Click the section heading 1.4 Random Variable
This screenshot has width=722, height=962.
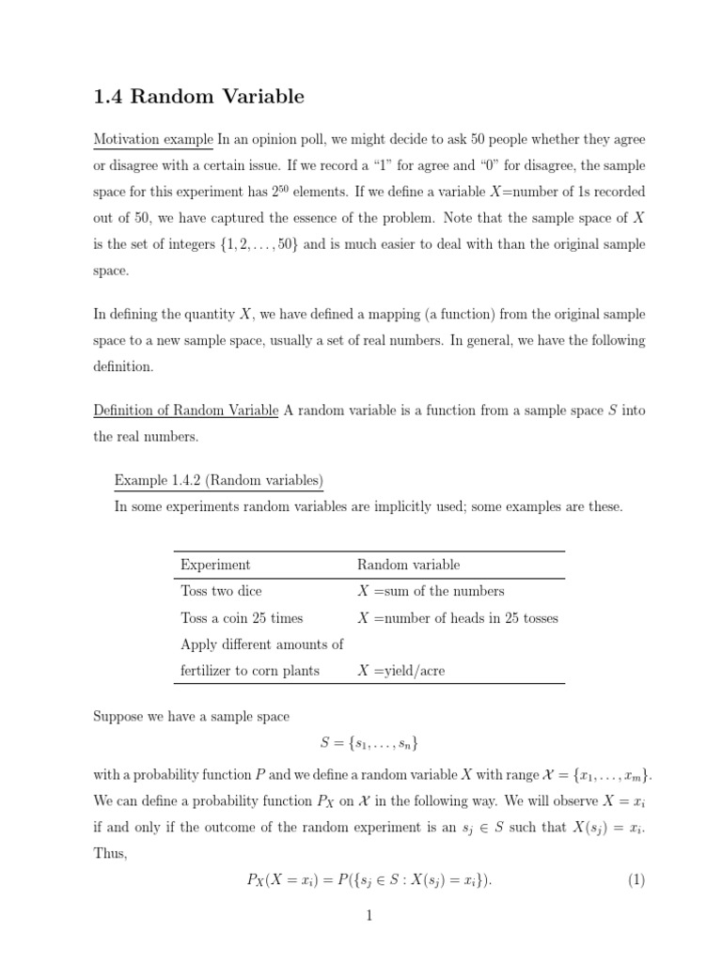(198, 96)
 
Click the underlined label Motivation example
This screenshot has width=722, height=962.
(153, 139)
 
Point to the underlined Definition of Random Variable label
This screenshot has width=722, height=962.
(185, 411)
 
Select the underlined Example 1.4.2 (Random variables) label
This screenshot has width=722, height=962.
(219, 480)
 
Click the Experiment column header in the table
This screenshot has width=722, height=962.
(215, 565)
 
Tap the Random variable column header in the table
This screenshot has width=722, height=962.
(408, 565)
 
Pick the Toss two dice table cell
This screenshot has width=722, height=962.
(221, 591)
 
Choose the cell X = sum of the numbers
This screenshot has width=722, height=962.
(431, 591)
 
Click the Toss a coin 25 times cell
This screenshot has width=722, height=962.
(242, 618)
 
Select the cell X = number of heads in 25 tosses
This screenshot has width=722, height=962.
(458, 618)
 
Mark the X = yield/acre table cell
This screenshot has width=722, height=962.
(402, 671)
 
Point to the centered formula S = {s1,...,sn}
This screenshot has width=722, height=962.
(369, 743)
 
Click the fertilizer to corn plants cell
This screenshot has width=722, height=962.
(249, 671)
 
